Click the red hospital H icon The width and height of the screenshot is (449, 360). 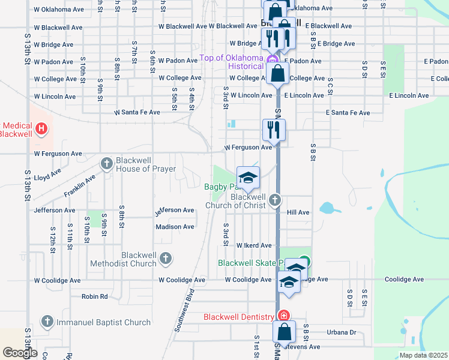[41, 128]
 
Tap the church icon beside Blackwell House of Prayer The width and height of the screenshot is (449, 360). [107, 163]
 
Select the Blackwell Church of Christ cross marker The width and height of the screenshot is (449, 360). [275, 200]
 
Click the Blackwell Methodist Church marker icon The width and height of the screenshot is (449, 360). [166, 259]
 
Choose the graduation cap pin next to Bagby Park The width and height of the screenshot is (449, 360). [247, 178]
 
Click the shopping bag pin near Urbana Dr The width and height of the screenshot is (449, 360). [284, 332]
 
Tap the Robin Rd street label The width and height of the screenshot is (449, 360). [94, 296]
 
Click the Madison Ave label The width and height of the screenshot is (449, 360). [175, 227]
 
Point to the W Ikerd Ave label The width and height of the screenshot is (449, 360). [254, 245]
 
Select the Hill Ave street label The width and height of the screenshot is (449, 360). [298, 212]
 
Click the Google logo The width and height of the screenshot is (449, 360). [20, 353]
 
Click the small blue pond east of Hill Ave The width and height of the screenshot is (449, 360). [328, 208]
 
